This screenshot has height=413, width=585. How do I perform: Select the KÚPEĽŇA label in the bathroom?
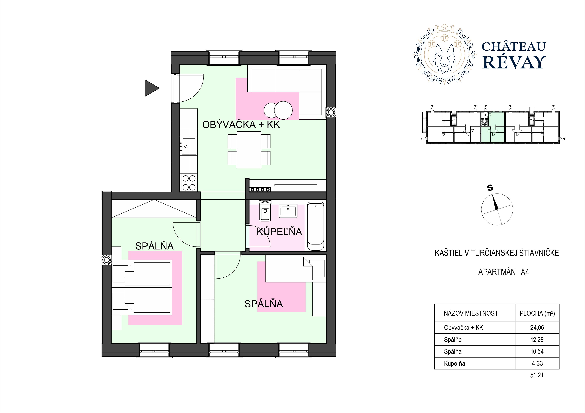click(x=279, y=232)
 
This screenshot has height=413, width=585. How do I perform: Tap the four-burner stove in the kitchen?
click(x=189, y=183)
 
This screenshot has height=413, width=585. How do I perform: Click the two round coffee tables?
click(x=278, y=110)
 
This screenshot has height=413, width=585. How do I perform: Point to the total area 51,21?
click(x=537, y=375)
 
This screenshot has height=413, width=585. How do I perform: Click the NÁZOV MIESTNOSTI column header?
click(x=472, y=313)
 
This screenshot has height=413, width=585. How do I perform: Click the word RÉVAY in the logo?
click(x=513, y=62)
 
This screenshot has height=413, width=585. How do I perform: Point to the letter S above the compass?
click(x=490, y=188)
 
